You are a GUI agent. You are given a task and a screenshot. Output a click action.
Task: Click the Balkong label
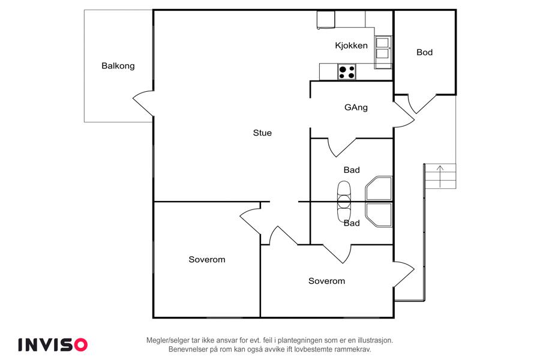tap(118, 66)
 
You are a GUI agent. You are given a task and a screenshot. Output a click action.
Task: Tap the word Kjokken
tap(351, 46)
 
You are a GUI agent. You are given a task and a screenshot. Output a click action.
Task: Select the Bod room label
tap(424, 52)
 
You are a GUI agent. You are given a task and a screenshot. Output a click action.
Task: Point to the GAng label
tap(356, 107)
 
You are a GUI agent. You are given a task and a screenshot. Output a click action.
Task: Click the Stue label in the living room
tap(262, 133)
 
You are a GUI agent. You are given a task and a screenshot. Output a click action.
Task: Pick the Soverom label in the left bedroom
tap(206, 259)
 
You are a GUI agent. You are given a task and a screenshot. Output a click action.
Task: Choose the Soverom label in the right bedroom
tap(326, 281)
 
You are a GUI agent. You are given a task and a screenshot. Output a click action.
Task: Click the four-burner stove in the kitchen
tap(347, 72)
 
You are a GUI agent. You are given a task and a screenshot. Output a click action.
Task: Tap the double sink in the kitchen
tap(383, 48)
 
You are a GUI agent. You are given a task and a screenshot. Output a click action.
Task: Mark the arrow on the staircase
tap(440, 176)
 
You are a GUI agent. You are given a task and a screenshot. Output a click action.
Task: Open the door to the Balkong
tap(143, 103)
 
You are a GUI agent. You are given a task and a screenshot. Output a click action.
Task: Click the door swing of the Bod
tap(422, 104)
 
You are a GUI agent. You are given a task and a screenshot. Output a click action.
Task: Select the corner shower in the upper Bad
tap(379, 188)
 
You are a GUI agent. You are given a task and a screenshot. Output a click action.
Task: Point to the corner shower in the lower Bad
tap(379, 215)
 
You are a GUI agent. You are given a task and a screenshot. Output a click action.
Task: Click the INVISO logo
tap(53, 345)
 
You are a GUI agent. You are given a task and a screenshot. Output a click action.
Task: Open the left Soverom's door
tap(250, 222)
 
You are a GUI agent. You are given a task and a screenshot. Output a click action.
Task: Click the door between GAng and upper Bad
tap(341, 148)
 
